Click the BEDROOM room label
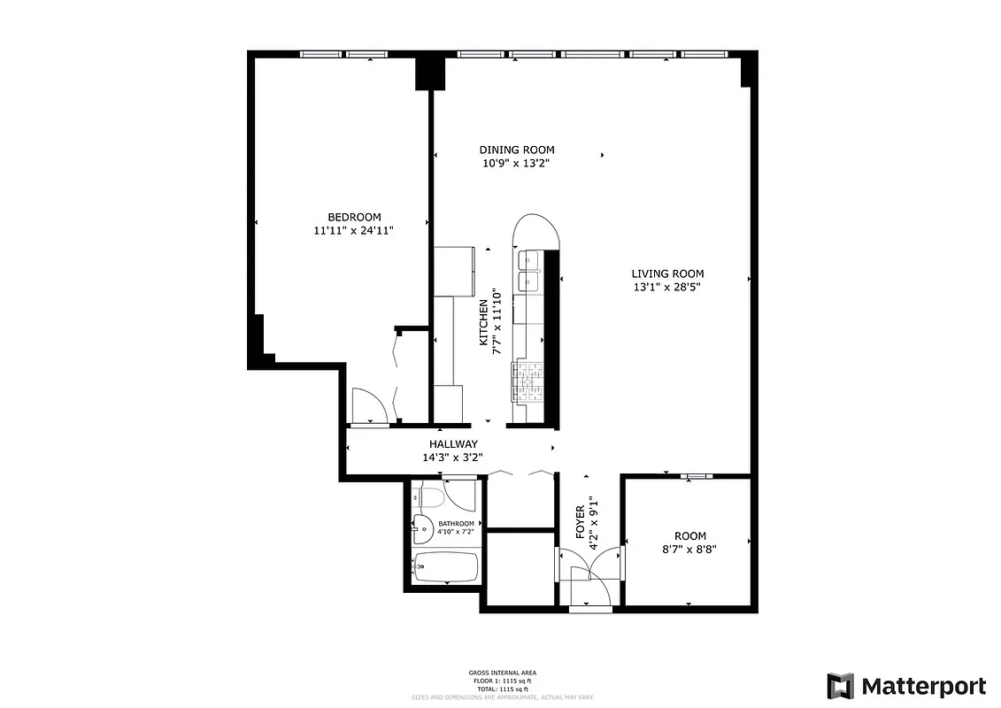coord(354,218)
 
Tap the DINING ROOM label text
coord(517,150)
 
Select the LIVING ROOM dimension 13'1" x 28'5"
coord(667,287)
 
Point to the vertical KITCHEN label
coord(484,324)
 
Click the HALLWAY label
coord(453,444)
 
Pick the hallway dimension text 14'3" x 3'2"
coord(452,458)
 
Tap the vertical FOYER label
coord(581,522)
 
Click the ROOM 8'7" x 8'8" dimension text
coord(689,549)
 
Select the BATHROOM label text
coord(456,524)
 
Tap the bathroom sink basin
coord(421,531)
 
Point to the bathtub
coord(445,566)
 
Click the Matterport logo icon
coord(841,686)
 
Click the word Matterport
coord(924,686)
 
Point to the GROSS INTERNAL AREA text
coord(502,673)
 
